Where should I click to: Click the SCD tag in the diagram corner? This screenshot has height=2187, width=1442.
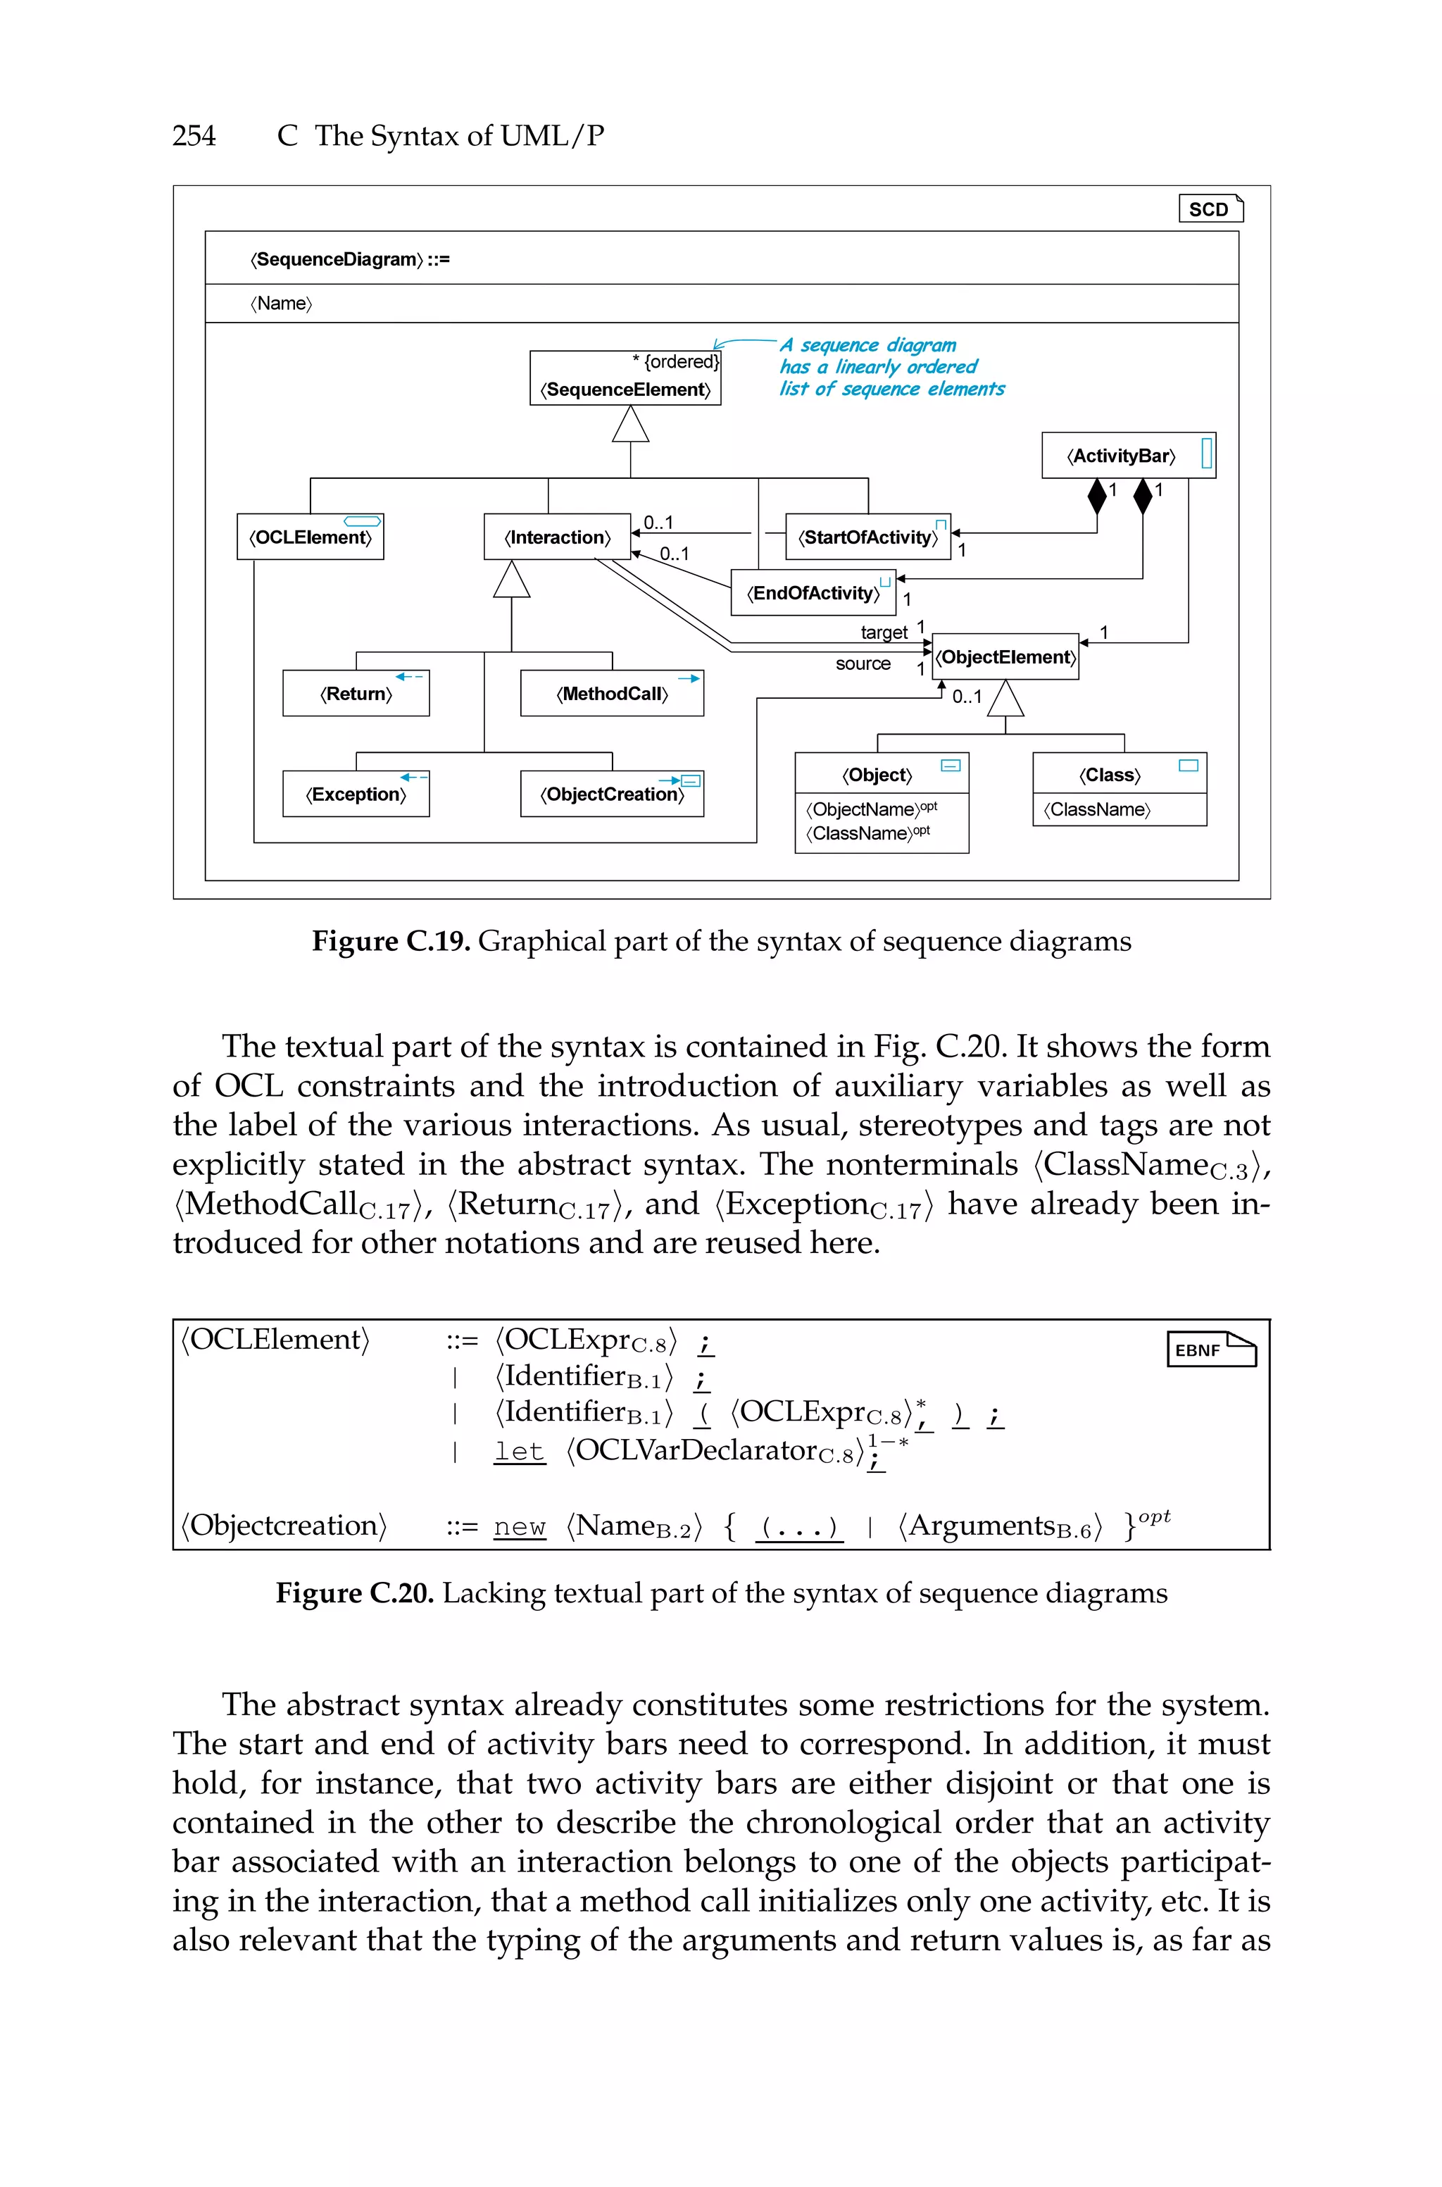pos(1210,208)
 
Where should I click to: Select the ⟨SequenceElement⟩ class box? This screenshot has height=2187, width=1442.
pos(625,378)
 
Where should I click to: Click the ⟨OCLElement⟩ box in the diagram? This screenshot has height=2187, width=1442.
pos(310,537)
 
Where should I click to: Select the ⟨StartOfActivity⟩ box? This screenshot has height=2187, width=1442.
pos(867,537)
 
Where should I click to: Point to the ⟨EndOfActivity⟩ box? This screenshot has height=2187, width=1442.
pos(813,593)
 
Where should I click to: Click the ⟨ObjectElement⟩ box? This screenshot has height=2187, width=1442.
pos(1005,656)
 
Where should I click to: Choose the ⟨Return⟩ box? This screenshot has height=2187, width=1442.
pos(356,694)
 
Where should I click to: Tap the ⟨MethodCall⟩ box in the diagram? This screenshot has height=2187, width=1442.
pos(612,694)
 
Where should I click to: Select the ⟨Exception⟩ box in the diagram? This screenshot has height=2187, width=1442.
pos(356,794)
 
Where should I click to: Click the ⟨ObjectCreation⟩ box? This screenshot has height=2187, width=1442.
pos(612,794)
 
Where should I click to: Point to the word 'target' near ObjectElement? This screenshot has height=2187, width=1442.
pos(884,632)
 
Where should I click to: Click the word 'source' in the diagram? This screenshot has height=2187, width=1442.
pos(863,663)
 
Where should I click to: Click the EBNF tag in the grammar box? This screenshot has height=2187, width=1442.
pos(1210,1349)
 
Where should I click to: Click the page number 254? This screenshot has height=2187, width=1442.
pos(194,136)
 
